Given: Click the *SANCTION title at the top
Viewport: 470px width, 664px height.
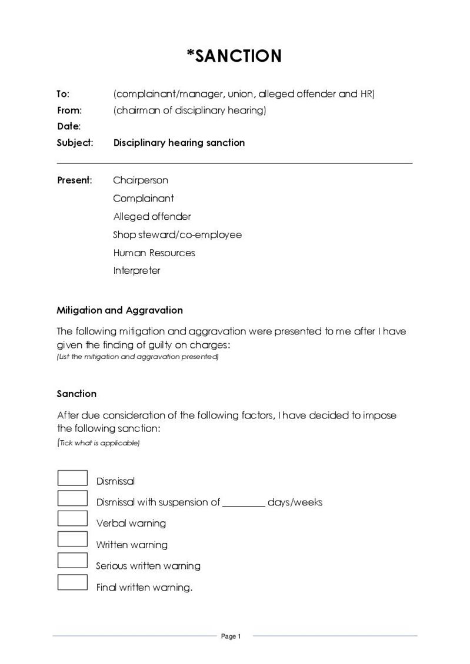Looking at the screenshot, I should click(234, 56).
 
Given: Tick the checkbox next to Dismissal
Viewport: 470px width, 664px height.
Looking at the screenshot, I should click(72, 478).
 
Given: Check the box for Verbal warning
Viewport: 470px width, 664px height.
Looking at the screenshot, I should click(72, 519).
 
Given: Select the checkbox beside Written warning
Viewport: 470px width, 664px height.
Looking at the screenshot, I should click(72, 539).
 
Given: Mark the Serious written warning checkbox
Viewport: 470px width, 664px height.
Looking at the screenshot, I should click(72, 561).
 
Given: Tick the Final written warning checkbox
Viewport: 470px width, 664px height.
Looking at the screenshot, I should click(72, 582).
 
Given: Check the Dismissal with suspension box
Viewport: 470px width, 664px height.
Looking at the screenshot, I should click(72, 498).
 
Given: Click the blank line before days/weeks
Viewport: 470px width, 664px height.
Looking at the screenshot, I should click(244, 503).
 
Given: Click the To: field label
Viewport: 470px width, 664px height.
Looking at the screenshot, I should click(63, 94).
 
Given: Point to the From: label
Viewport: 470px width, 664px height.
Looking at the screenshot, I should click(69, 110).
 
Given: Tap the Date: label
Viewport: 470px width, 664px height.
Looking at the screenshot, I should click(69, 126).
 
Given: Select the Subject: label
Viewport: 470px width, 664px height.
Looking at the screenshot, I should click(75, 143).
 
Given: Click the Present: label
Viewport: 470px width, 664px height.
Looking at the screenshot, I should click(75, 180).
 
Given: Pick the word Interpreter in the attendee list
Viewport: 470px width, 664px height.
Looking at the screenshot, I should click(136, 271).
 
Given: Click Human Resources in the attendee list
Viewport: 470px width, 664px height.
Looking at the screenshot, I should click(154, 253).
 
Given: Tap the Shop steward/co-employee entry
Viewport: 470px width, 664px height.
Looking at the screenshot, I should click(177, 234).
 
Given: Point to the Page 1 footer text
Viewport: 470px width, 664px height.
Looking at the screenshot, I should click(231, 636).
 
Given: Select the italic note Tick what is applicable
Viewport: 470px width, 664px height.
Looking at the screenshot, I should click(99, 443).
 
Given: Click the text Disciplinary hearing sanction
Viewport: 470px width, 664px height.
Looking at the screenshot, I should click(179, 143).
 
